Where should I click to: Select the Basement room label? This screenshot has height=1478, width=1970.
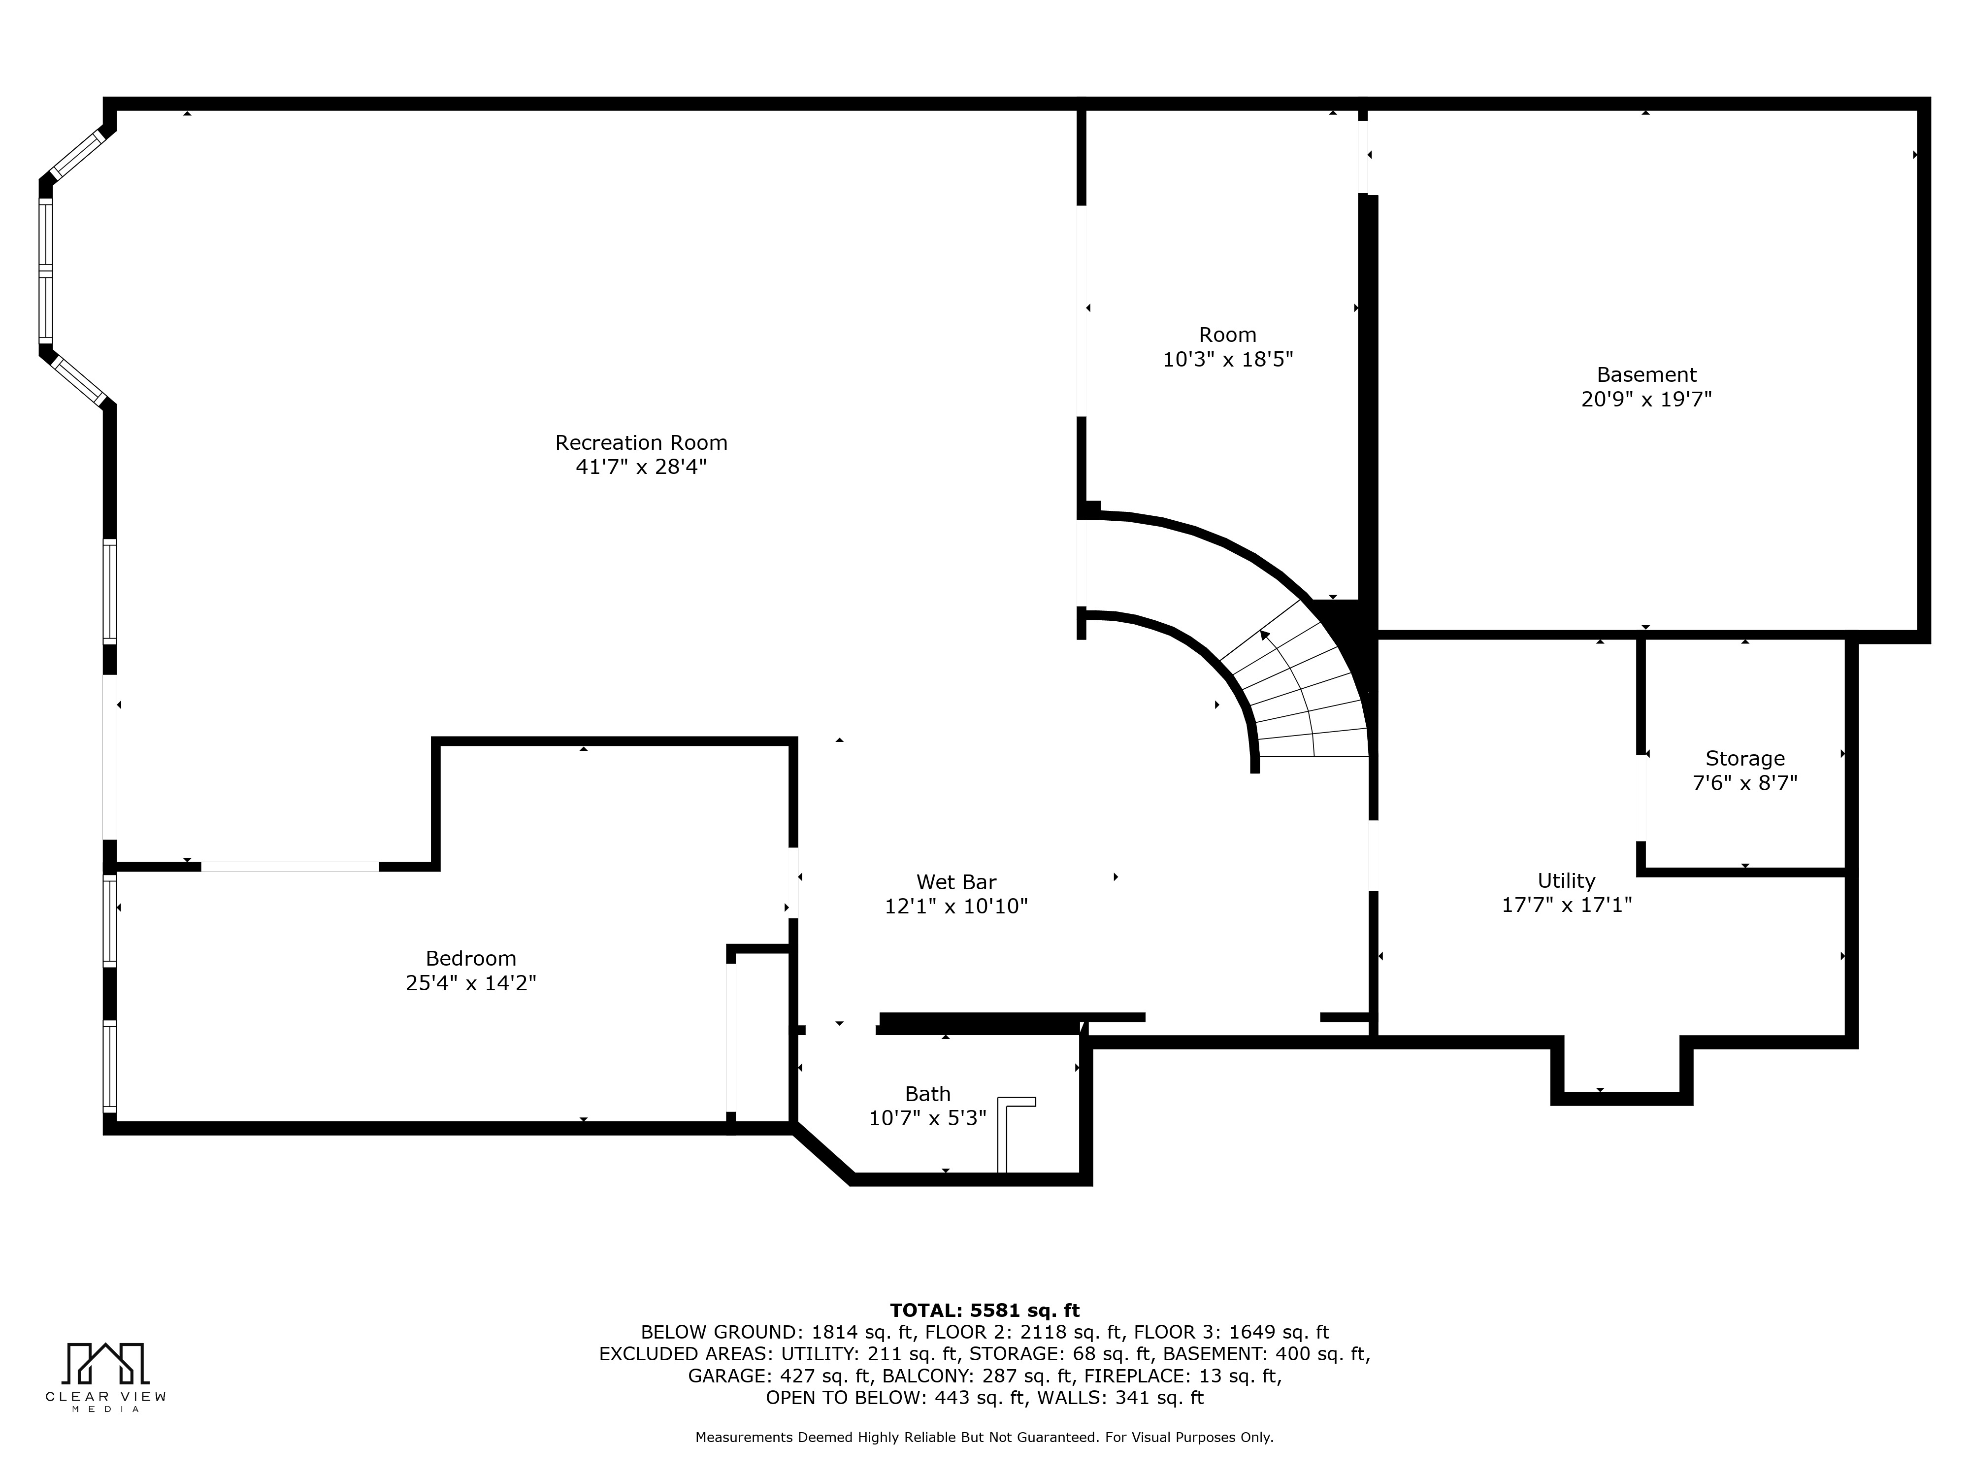[x=1646, y=375]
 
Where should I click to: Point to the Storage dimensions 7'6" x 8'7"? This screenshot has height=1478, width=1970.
[x=1744, y=784]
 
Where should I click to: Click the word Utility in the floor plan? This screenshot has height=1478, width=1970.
[x=1566, y=881]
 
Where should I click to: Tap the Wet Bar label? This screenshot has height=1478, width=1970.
[x=955, y=882]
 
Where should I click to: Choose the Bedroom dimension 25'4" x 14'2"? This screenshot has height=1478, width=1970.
[x=470, y=983]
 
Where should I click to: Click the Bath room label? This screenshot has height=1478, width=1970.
[x=927, y=1094]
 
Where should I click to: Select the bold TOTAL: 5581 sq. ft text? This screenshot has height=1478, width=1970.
[x=984, y=1310]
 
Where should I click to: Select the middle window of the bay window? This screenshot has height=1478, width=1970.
[x=45, y=269]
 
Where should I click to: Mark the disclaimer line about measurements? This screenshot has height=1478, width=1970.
[x=984, y=1437]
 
